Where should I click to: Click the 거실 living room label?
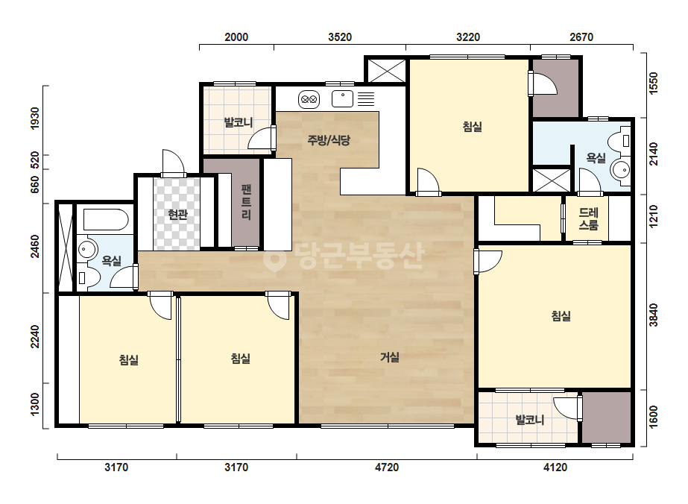click(390, 357)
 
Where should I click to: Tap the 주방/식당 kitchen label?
click(329, 140)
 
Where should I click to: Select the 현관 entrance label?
click(177, 215)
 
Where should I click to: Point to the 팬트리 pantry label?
click(246, 202)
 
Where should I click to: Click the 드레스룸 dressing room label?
click(588, 218)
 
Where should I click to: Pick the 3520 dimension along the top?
click(340, 37)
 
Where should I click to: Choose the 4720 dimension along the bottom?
click(387, 467)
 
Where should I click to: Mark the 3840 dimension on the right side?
click(654, 315)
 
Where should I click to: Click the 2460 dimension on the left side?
click(35, 247)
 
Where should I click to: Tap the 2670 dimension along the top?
click(581, 37)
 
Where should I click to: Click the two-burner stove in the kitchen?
click(309, 100)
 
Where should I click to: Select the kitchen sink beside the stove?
click(342, 98)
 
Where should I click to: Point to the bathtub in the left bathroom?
click(106, 219)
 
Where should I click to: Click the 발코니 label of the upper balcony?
click(239, 122)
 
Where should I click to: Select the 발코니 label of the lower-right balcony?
click(529, 420)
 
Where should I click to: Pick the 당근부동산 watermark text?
click(344, 256)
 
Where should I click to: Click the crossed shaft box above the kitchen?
click(386, 71)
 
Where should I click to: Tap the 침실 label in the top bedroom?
click(473, 127)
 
